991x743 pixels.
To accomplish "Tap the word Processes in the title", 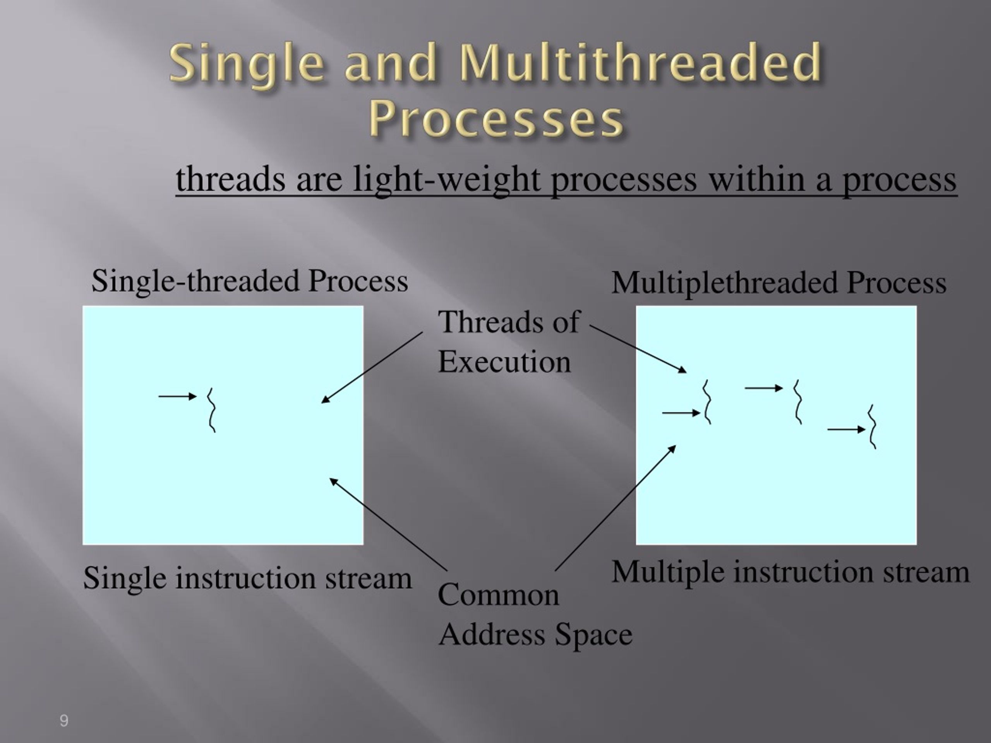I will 496,120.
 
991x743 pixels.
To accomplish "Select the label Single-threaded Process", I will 250,281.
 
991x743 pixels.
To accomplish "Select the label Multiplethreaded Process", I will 778,283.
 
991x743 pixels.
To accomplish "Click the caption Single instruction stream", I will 247,578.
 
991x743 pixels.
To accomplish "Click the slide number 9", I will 64,721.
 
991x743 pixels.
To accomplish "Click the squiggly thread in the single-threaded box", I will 211,410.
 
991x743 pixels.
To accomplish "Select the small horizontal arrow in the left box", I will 177,396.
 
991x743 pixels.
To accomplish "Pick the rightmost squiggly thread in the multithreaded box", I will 872,426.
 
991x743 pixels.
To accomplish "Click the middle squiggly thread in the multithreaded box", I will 797,402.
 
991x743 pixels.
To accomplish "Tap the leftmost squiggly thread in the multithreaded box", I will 707,402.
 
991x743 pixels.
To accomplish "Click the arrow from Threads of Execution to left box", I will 372,367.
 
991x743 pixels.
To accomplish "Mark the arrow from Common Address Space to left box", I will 388,524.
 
